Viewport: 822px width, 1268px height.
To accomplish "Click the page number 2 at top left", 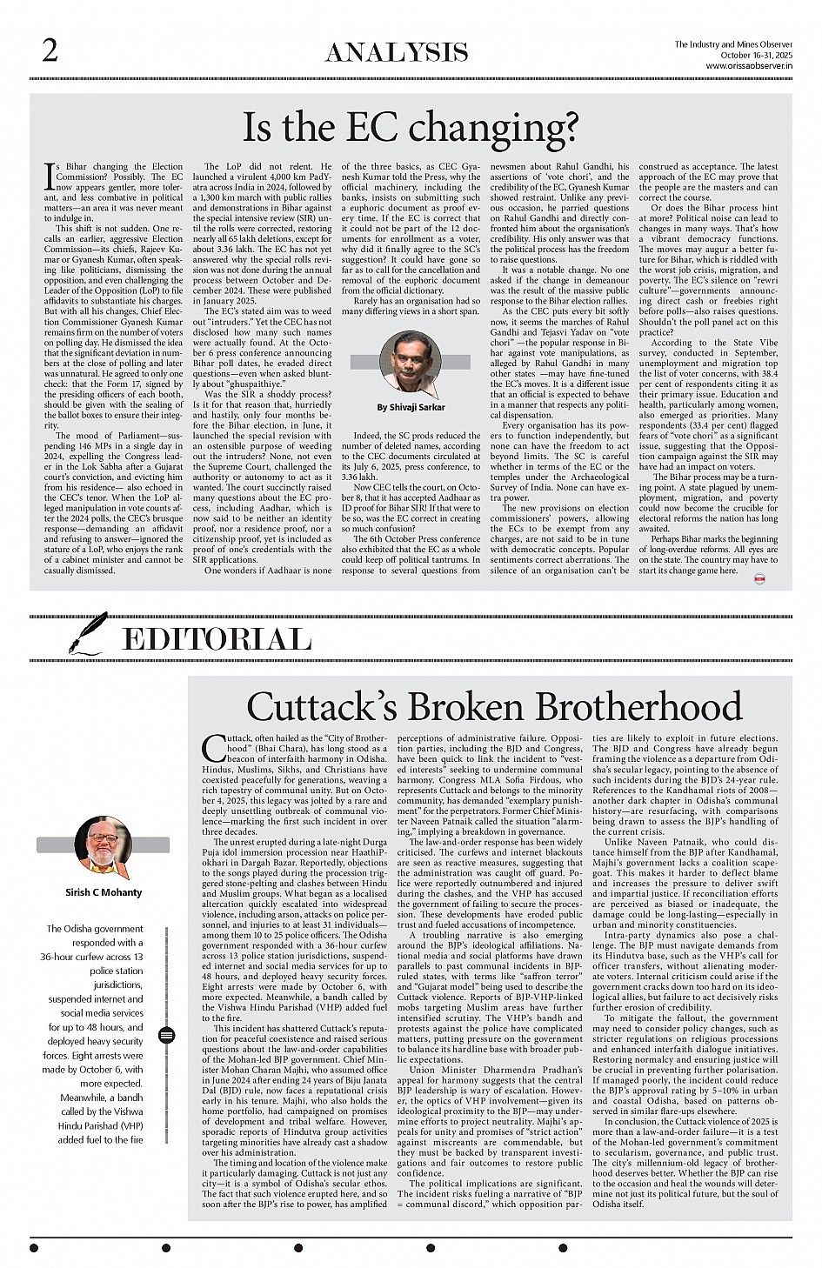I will tap(50, 51).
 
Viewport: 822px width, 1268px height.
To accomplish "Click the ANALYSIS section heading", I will tap(397, 53).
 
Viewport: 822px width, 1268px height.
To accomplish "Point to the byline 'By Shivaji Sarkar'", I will tap(411, 407).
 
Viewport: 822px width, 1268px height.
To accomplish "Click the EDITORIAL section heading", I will tap(217, 640).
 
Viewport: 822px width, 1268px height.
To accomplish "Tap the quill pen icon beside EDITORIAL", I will tap(90, 634).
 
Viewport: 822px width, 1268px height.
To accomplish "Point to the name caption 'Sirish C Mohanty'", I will tap(104, 891).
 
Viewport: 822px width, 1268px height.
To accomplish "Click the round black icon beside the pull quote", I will tap(167, 1035).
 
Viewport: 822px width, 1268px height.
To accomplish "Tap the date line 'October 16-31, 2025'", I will tap(755, 55).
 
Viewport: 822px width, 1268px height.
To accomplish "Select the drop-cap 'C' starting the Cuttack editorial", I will tap(214, 748).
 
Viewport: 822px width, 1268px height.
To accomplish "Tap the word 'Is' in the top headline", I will tap(260, 128).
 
